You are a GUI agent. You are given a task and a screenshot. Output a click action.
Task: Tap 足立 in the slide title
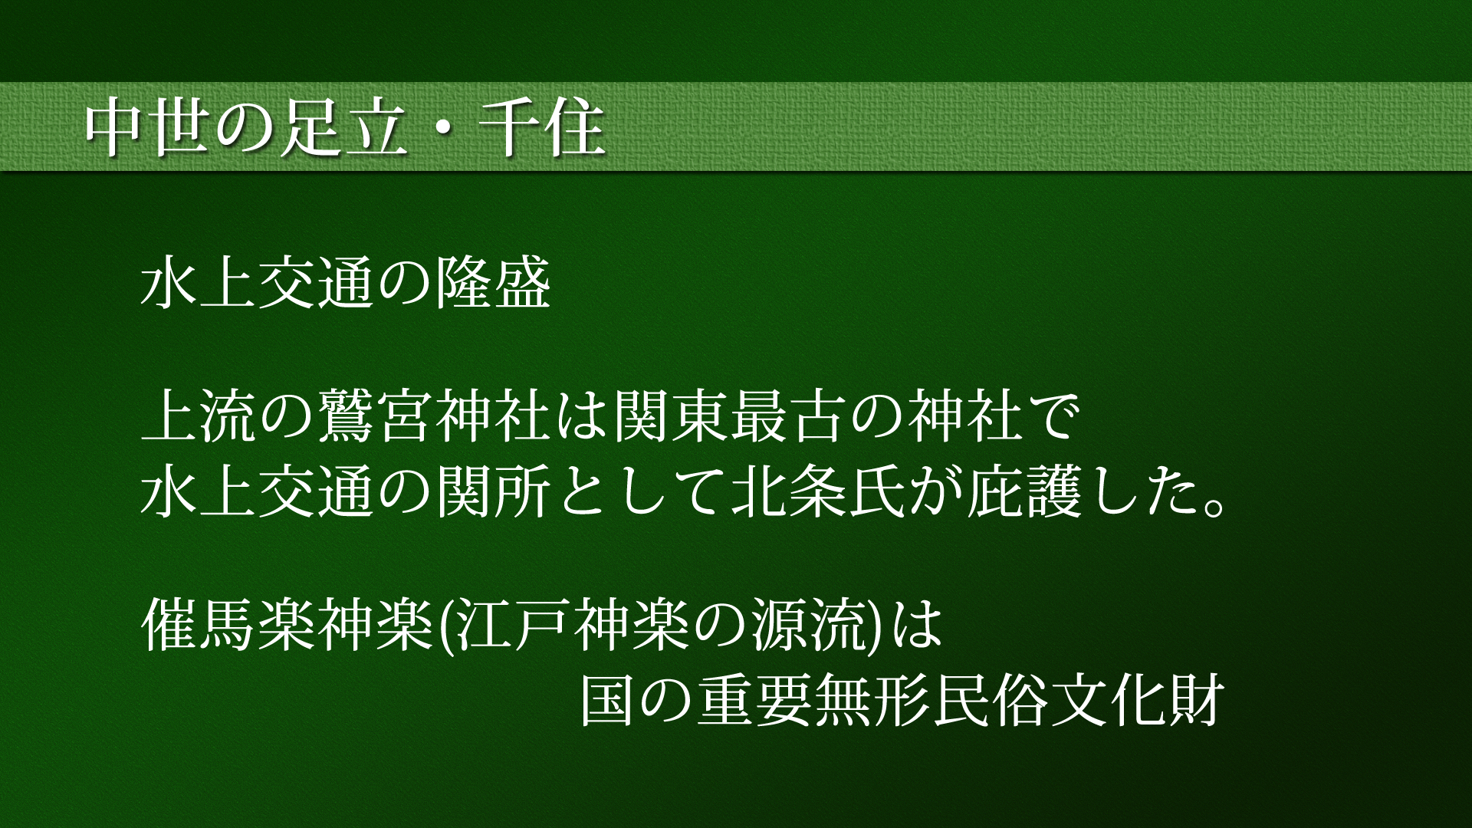click(x=344, y=128)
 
